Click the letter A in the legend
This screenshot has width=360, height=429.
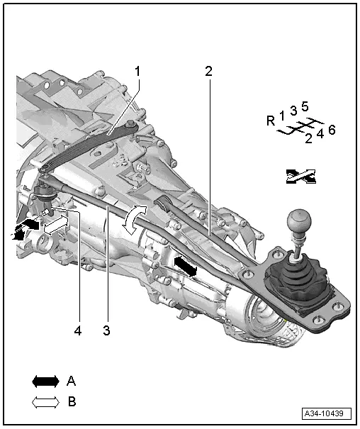pyautogui.click(x=71, y=381)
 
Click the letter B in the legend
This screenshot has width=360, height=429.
pyautogui.click(x=71, y=401)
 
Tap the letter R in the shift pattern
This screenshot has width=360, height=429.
pyautogui.click(x=271, y=121)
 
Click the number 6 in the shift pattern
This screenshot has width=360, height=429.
pyautogui.click(x=332, y=129)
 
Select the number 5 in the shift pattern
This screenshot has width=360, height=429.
pyautogui.click(x=305, y=107)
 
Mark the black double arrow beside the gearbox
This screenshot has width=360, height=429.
pyautogui.click(x=186, y=266)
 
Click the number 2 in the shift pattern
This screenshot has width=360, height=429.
pyautogui.click(x=308, y=138)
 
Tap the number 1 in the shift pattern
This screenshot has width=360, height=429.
pyautogui.click(x=281, y=114)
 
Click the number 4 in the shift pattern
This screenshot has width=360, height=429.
pyautogui.click(x=320, y=133)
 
